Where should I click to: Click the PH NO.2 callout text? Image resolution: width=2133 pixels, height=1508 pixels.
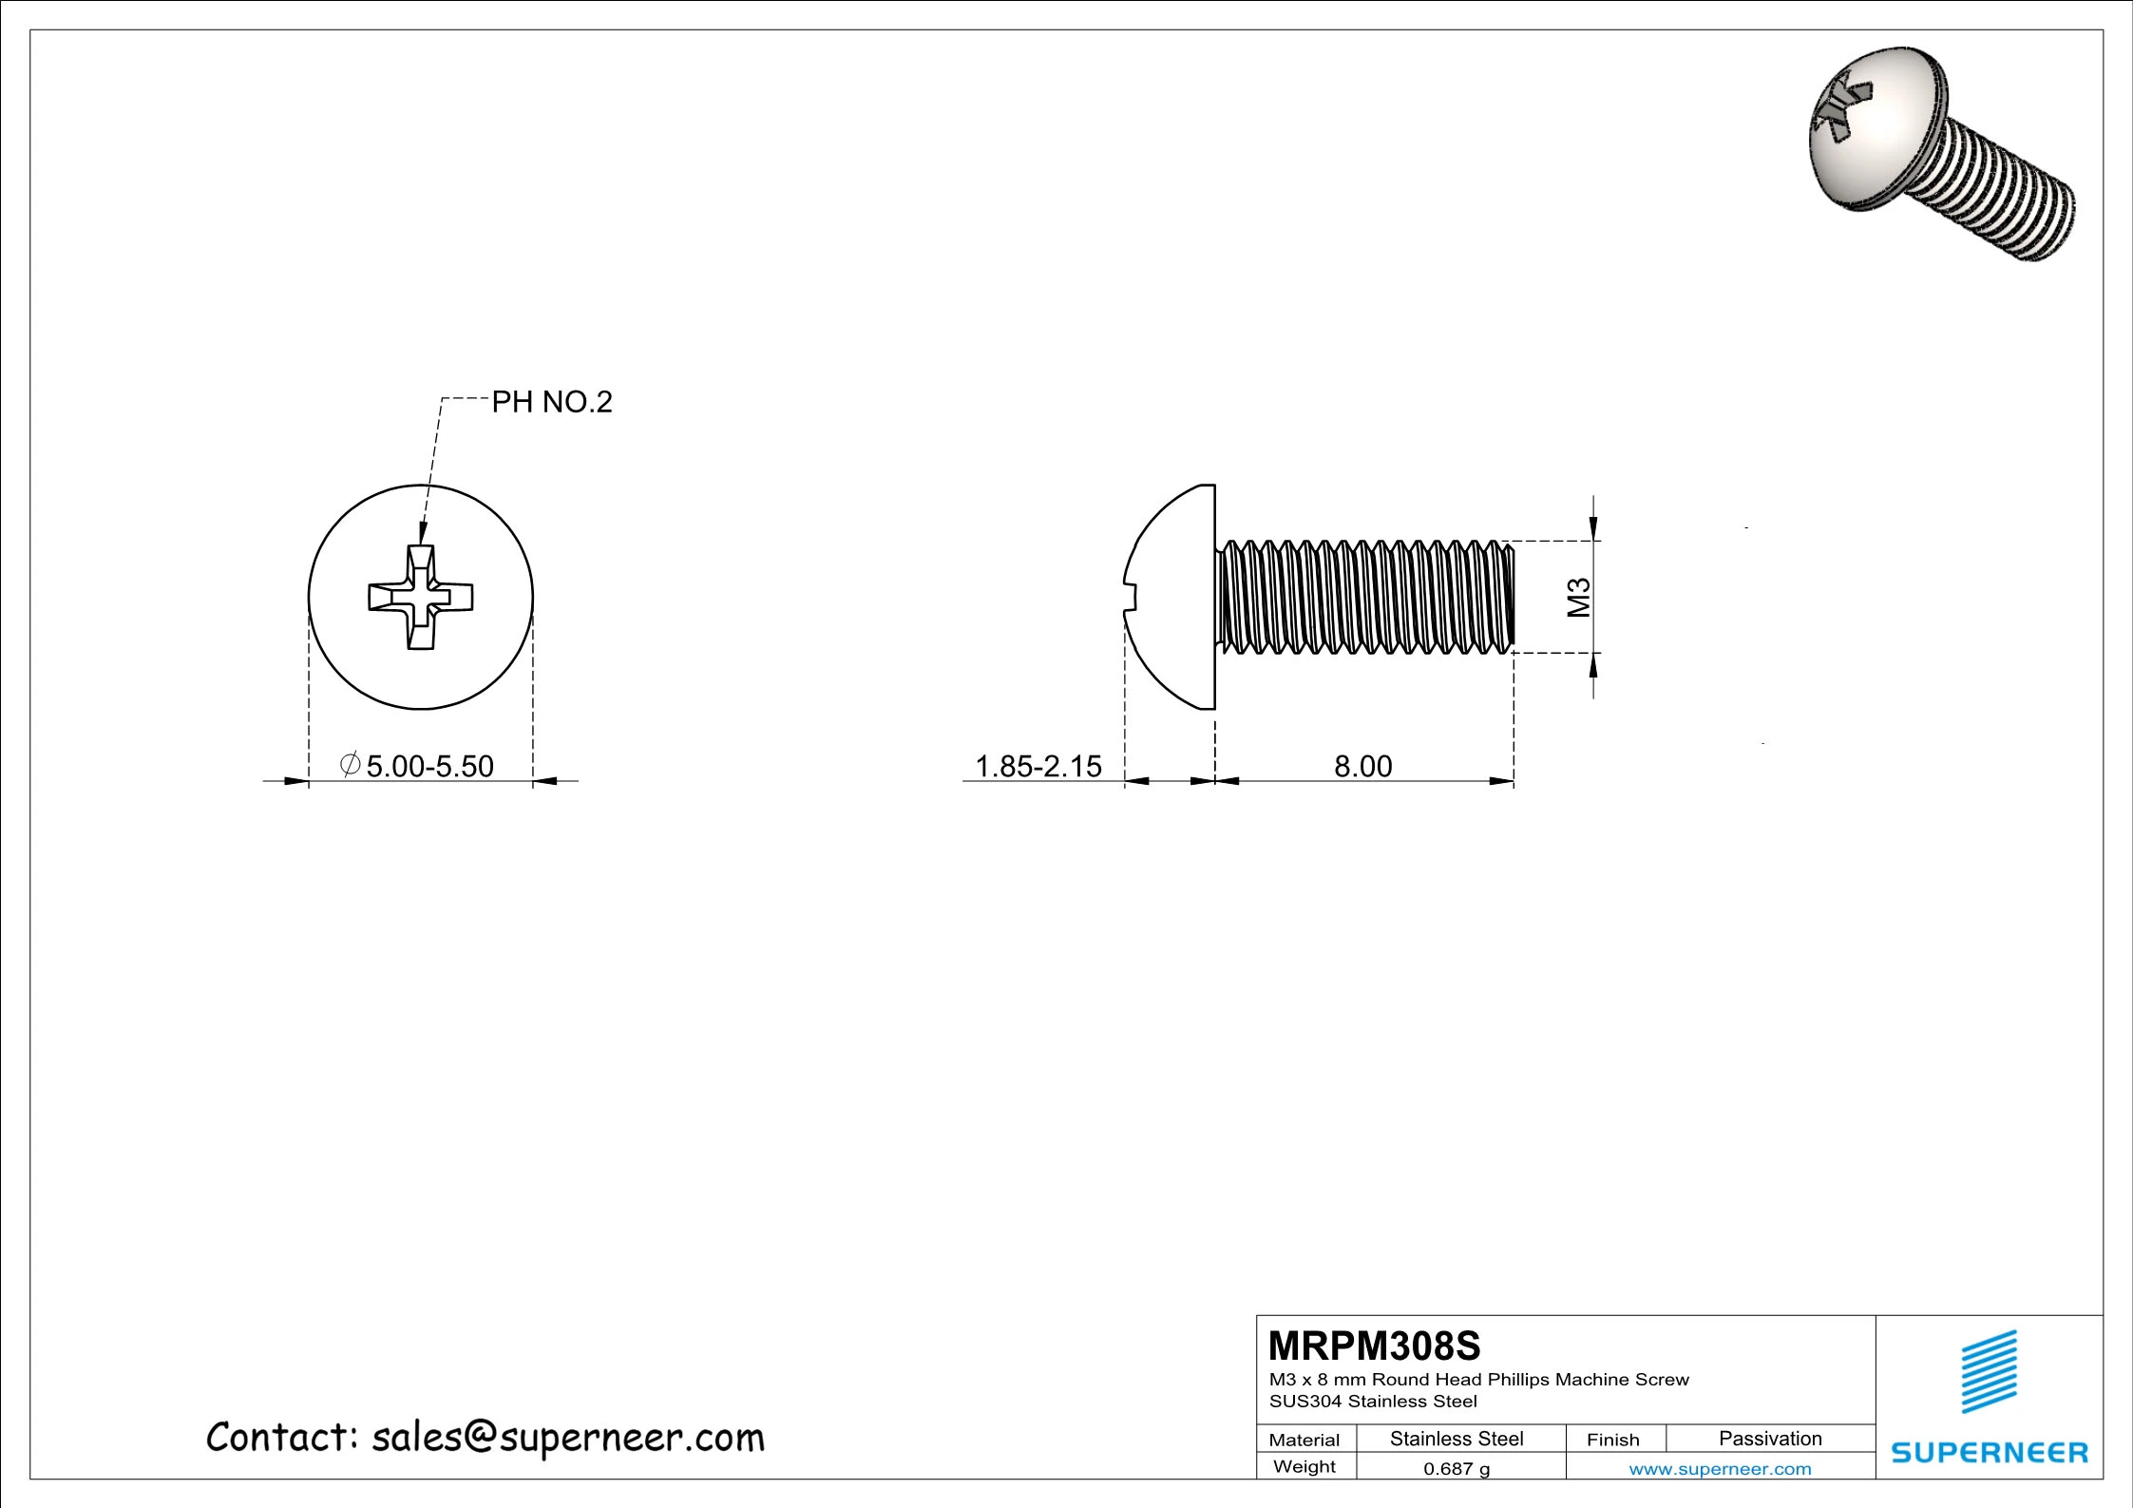coord(551,403)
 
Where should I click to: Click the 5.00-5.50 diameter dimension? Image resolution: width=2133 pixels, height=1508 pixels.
coord(429,766)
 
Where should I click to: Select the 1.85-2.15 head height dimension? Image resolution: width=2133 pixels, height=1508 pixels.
coord(1038,766)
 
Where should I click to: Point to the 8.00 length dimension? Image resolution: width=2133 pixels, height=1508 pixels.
coord(1362,766)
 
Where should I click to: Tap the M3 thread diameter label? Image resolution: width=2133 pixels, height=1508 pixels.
coord(1578,598)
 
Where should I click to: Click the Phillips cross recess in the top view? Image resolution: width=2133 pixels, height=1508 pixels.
coord(421,597)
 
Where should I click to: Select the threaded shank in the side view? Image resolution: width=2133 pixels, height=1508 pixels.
coord(1363,597)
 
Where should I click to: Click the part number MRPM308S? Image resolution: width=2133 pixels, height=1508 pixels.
coord(1374,1346)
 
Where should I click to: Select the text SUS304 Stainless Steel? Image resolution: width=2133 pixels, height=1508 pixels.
coord(1373,1402)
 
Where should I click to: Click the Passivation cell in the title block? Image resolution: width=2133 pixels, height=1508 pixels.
coord(1769,1439)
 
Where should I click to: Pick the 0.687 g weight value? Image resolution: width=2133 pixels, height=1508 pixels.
coord(1457,1469)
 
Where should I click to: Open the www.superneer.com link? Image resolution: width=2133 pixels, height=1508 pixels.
coord(1720,1469)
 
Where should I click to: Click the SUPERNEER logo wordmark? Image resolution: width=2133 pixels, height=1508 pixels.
coord(1990,1453)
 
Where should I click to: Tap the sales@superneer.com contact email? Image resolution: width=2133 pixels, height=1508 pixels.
coord(567,1439)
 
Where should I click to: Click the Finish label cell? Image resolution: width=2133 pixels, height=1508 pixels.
coord(1612,1440)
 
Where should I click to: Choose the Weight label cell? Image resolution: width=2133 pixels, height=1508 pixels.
coord(1304,1467)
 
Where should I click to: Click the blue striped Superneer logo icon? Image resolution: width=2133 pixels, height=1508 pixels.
coord(1990,1372)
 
